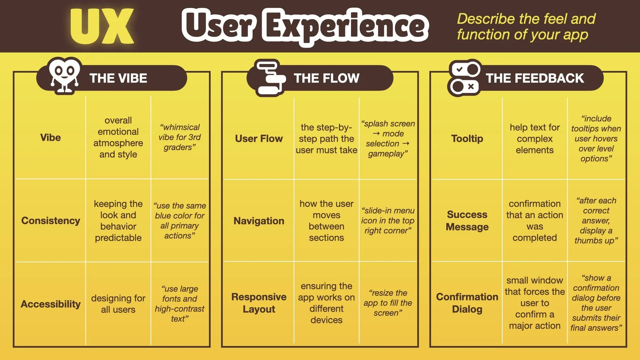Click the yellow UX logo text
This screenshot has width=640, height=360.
coord(102,27)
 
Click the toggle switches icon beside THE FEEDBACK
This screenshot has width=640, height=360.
coord(464,78)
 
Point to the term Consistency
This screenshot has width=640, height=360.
coord(51,221)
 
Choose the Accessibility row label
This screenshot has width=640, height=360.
coord(51,304)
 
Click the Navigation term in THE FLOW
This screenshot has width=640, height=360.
coord(259,221)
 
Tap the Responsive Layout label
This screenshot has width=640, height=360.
coord(259,303)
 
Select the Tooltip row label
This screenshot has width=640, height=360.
coord(467,138)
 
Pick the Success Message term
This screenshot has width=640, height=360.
coord(467,220)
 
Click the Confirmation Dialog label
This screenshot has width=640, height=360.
coord(467,303)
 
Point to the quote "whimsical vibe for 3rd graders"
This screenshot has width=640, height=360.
coord(180,137)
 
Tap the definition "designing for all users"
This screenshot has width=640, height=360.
coord(118,304)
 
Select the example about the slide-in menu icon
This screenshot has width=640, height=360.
coord(388,220)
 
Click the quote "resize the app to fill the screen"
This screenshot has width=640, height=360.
coord(388,303)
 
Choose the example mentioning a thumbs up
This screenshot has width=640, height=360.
coord(596,220)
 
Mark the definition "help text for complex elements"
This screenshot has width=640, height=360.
coord(535,138)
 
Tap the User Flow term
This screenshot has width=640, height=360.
coord(259,138)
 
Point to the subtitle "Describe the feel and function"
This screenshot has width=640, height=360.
coord(526,27)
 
